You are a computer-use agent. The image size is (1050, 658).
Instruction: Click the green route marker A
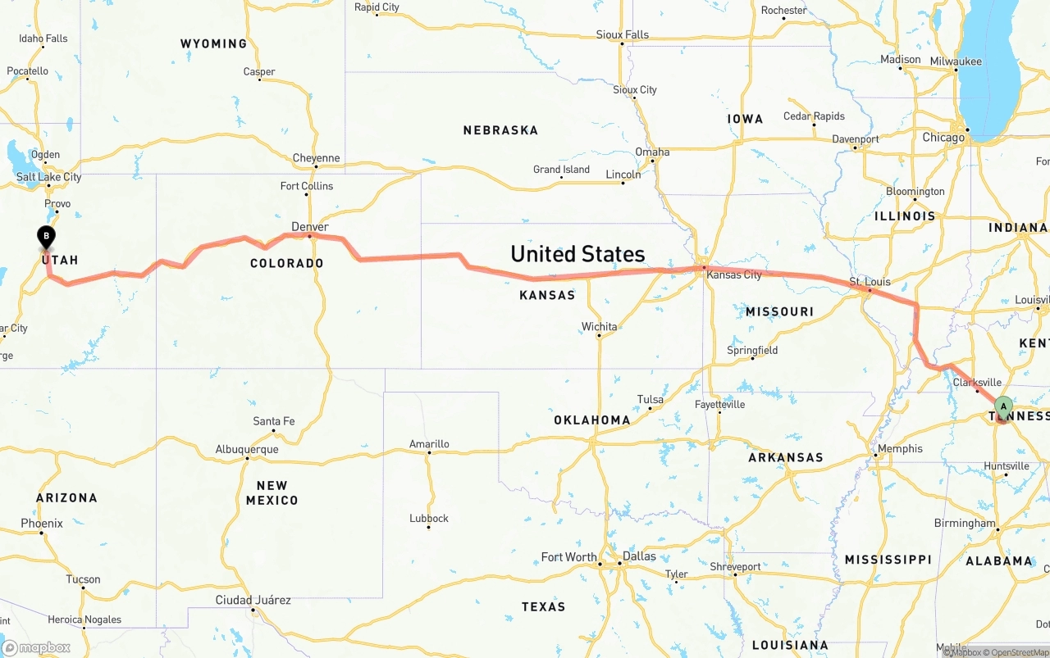coord(1002,406)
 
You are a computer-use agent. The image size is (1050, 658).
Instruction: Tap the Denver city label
coord(310,227)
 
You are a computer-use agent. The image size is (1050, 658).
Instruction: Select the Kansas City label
coord(734,275)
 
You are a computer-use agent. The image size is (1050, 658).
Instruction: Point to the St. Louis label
coord(870,282)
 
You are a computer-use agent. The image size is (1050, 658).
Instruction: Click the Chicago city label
coord(943,138)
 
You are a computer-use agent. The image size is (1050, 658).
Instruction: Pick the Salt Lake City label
coord(49,177)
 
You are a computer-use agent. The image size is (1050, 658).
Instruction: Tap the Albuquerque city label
coord(247,449)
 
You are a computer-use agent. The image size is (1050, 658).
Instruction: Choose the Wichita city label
coord(599,327)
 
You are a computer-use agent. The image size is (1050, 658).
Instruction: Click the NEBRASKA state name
coord(500,130)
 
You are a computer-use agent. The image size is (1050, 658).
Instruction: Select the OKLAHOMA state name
coord(592,420)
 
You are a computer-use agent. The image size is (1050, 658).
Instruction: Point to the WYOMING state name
coord(213,43)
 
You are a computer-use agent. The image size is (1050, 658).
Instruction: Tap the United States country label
coord(577,254)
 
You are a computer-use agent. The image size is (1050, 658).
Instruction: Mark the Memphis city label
coord(900,449)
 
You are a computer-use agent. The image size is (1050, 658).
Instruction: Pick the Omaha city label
coord(652,152)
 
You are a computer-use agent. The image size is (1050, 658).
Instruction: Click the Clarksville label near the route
coord(977,383)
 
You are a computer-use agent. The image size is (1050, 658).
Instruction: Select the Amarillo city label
coord(429,444)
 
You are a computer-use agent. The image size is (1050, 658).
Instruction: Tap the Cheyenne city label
coord(316,158)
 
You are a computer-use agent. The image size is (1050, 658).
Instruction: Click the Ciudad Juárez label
coord(253,600)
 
